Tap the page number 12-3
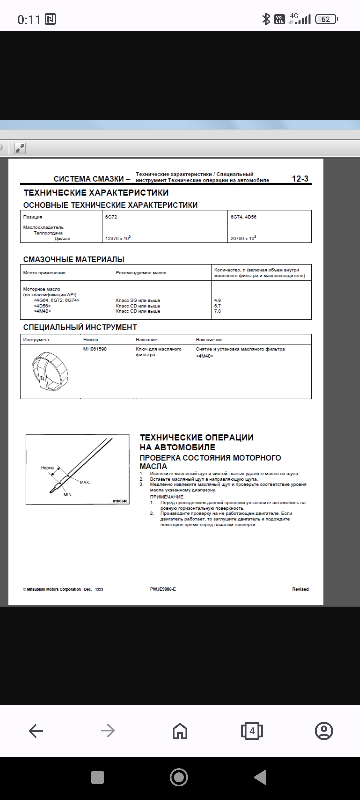[x=300, y=179]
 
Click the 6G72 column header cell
[x=111, y=217]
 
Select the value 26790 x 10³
[x=243, y=238]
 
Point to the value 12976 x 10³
[x=118, y=238]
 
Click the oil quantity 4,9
[x=217, y=300]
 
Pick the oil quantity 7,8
[x=217, y=311]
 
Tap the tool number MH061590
[x=95, y=349]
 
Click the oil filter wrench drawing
[x=50, y=371]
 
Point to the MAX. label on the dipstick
[x=85, y=482]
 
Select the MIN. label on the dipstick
[x=68, y=494]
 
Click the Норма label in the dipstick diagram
[x=47, y=468]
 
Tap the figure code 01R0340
[x=120, y=501]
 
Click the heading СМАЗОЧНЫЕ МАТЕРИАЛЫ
[x=74, y=259]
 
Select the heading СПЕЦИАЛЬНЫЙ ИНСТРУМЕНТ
[x=80, y=327]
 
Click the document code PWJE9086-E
[x=163, y=589]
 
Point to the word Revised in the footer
[x=300, y=589]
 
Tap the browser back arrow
[x=36, y=731]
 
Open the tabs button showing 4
[x=252, y=731]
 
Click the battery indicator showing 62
[x=327, y=19]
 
